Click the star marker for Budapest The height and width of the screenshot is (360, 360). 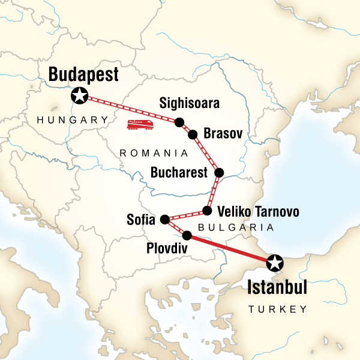[x=80, y=95]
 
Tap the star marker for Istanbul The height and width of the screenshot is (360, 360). [x=274, y=262]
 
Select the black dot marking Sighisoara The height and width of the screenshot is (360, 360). [x=179, y=122]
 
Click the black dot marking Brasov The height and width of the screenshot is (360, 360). [x=193, y=134]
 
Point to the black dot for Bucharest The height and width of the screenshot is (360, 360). [x=219, y=173]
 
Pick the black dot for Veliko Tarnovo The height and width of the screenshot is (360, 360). [x=207, y=211]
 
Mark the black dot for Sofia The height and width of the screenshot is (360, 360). [x=165, y=220]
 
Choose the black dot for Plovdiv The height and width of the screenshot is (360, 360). [x=187, y=235]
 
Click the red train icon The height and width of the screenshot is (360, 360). [x=140, y=124]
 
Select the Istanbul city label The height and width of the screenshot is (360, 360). [x=277, y=287]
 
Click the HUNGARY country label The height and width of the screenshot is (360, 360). [x=71, y=120]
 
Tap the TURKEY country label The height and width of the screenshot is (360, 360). [x=278, y=309]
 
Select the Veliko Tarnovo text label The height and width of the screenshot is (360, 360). [x=258, y=212]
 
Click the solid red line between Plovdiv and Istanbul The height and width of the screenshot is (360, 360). [x=230, y=248]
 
